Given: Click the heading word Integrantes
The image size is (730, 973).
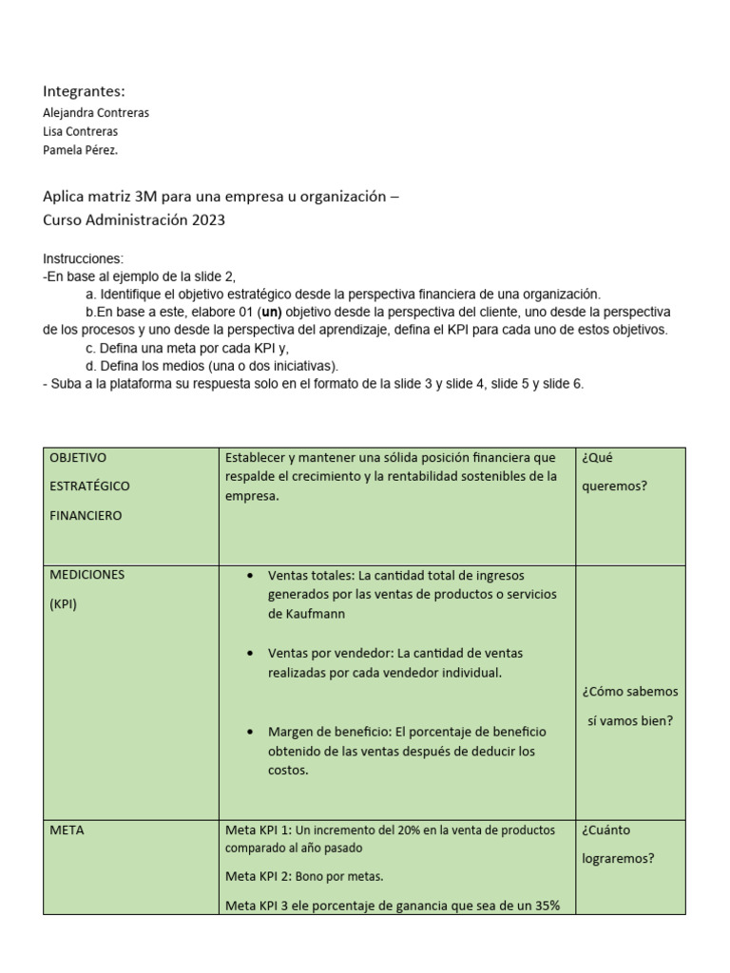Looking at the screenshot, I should tap(84, 91).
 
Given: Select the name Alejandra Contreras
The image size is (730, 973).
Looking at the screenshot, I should tap(96, 112).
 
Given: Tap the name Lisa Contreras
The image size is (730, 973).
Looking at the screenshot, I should tap(81, 131).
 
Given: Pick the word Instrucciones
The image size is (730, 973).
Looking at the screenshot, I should tap(83, 258).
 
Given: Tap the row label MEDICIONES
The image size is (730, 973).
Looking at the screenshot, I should tap(86, 575).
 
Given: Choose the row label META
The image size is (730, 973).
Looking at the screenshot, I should tap(67, 830).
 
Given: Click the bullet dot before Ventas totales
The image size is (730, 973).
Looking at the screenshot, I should tap(249, 576).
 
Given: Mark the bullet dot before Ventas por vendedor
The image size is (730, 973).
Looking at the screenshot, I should tap(249, 654).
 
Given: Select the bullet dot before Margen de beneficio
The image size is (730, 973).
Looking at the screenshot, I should tap(249, 732).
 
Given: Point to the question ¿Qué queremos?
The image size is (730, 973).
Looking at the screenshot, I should tap(614, 471).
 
